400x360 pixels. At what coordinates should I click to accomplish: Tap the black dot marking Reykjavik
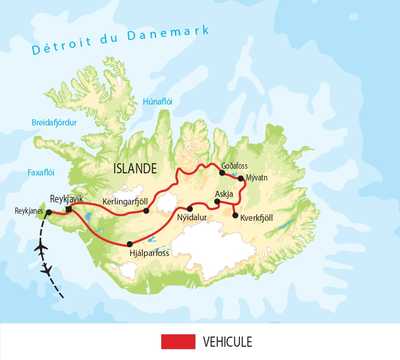coord(68,210)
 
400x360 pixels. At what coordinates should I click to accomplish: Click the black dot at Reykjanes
coord(47,213)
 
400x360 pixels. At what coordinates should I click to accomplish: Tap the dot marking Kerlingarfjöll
coord(147,210)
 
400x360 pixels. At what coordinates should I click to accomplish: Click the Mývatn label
coord(255,178)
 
